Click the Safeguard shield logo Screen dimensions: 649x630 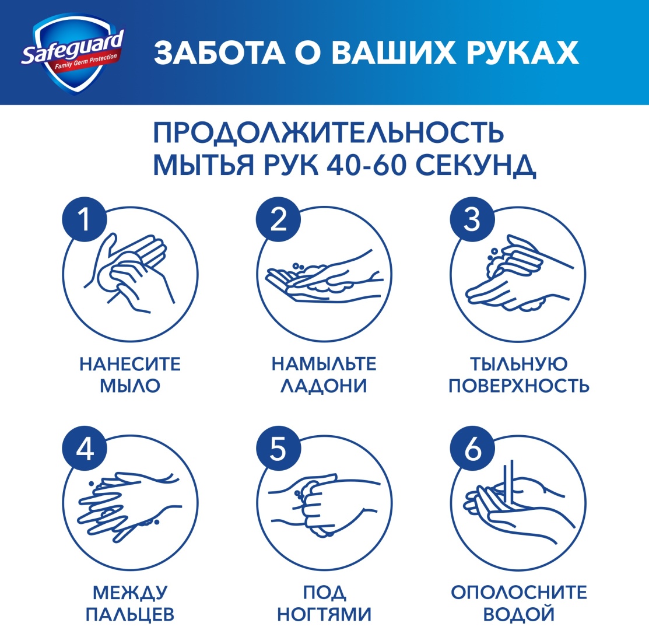click(72, 53)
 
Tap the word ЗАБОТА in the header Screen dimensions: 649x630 click(219, 53)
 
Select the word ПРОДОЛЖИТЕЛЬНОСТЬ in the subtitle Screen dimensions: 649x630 click(328, 132)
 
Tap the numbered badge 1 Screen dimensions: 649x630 click(85, 219)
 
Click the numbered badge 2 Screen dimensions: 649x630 click(278, 219)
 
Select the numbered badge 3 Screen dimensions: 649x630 click(472, 219)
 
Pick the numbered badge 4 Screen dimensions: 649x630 click(85, 449)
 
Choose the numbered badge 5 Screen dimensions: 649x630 click(278, 449)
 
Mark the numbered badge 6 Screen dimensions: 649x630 click(472, 449)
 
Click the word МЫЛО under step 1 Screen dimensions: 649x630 click(130, 386)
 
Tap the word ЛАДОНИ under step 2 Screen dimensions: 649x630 click(324, 386)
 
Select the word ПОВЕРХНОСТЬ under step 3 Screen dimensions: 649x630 click(519, 386)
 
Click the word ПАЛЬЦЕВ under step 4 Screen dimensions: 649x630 click(130, 615)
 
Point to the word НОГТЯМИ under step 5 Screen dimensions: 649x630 click(324, 614)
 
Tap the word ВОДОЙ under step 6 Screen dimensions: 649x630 click(518, 615)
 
